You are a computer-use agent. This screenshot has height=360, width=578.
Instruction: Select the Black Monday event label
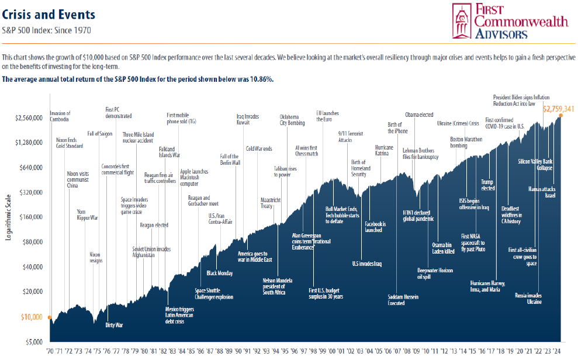coord(220,273)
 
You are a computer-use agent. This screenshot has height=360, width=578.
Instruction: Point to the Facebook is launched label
coord(373,227)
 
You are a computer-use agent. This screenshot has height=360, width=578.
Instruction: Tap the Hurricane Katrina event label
coord(384,150)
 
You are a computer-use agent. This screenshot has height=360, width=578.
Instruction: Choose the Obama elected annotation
coord(419,115)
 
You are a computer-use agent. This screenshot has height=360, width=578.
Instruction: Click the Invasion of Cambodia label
coord(60,116)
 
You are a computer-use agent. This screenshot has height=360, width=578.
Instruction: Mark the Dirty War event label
coord(114,324)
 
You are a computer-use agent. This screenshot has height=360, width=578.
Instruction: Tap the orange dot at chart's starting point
coord(51,319)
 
